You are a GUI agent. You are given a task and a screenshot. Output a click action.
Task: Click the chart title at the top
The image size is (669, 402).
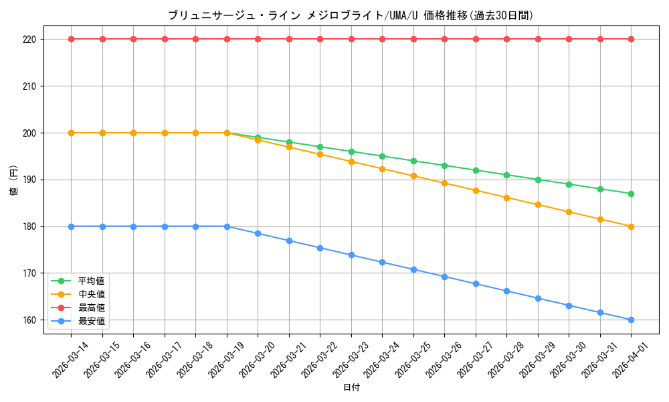click(351, 15)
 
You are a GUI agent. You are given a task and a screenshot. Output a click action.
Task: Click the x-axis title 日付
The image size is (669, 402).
click(351, 387)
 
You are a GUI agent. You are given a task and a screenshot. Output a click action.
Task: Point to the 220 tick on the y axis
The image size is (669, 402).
click(30, 40)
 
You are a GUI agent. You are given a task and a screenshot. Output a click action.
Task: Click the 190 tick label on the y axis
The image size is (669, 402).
click(30, 180)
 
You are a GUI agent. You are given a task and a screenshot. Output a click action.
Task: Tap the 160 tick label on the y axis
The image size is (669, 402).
click(30, 320)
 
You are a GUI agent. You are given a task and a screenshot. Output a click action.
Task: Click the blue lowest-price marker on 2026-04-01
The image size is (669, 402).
click(631, 320)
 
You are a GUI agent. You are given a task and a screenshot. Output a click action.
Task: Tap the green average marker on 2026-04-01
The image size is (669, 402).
click(631, 194)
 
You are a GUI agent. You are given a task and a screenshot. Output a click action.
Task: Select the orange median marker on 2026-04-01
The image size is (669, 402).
click(631, 226)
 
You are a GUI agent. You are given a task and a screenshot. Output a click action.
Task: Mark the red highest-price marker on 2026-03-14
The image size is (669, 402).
click(71, 39)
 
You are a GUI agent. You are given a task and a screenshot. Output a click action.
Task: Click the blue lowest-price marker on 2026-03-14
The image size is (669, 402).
click(71, 226)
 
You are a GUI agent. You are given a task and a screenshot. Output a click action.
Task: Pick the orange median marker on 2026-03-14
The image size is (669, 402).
click(71, 133)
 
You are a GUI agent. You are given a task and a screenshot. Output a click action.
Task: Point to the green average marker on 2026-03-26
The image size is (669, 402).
click(444, 165)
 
